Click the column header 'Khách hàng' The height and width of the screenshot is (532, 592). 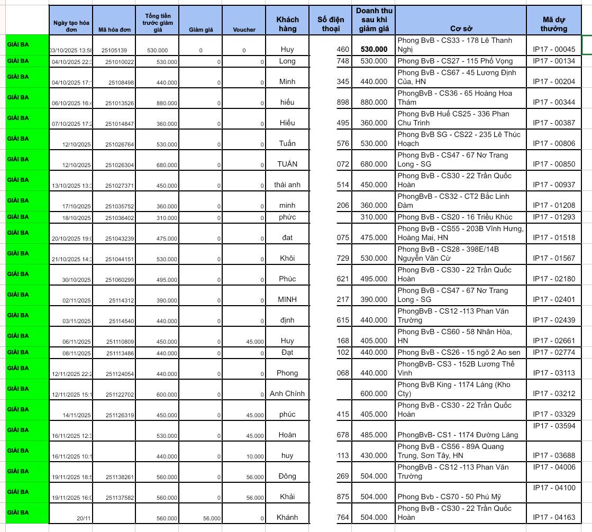(x=287, y=24)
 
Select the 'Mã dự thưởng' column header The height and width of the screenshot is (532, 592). (x=553, y=24)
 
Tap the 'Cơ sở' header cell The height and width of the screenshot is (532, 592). (x=460, y=29)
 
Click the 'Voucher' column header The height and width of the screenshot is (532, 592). (x=244, y=30)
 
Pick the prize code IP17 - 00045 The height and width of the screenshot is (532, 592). (x=553, y=50)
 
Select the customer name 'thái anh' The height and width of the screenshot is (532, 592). (x=287, y=185)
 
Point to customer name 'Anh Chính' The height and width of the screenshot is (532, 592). (x=287, y=393)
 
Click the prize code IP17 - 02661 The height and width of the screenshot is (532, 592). (x=553, y=341)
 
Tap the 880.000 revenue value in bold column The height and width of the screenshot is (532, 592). (x=374, y=102)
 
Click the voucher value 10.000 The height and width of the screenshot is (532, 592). (x=255, y=456)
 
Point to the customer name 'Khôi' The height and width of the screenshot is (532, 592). (x=287, y=259)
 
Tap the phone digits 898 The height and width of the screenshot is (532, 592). (x=343, y=102)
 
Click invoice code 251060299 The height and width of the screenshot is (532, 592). (x=120, y=280)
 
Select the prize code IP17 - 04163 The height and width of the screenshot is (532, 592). (x=553, y=518)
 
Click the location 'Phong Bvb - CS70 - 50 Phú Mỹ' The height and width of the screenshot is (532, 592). (x=449, y=497)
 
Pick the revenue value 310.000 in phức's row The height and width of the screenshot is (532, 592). (x=374, y=217)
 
